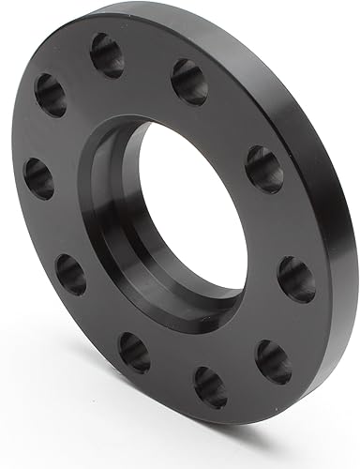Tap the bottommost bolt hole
point(210,386)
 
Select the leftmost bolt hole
point(38,177)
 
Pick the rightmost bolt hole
point(297,280)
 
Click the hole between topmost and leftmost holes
point(51,95)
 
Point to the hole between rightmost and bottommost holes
point(273,361)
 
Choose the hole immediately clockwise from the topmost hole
point(188,82)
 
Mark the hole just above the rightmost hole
point(263,169)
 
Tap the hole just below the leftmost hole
point(70,274)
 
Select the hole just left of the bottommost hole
point(134,351)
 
